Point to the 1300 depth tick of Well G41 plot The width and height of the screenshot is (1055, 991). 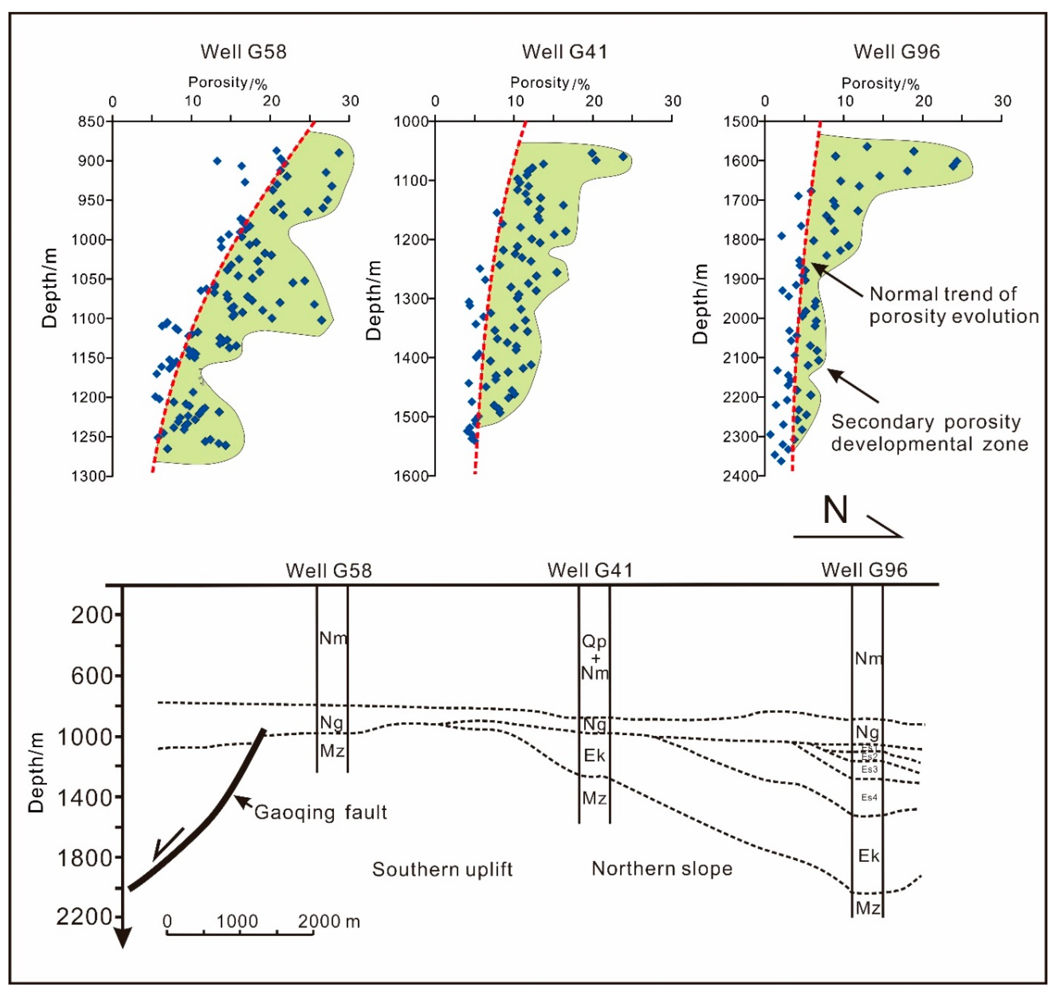[x=414, y=299]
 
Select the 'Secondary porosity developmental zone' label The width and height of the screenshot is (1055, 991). [x=929, y=433]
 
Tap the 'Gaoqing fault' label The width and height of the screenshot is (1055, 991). [x=320, y=812]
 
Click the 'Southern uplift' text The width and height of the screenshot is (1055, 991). [x=442, y=870]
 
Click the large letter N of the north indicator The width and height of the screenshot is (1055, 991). [x=835, y=510]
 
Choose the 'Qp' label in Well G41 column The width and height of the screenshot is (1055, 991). [x=594, y=642]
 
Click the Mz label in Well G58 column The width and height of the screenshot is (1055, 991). [x=332, y=751]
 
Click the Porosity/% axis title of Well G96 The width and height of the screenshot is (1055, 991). [x=880, y=83]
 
